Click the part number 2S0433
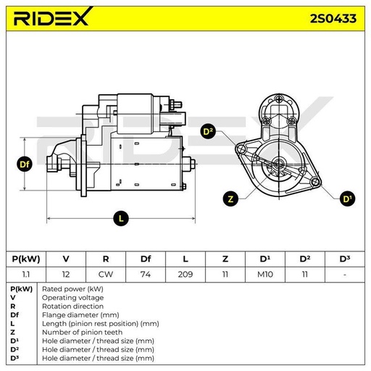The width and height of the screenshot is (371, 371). click(333, 19)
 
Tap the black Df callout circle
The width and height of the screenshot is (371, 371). click(25, 164)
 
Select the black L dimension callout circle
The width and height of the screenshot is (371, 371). click(121, 219)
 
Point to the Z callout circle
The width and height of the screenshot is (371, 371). click(230, 199)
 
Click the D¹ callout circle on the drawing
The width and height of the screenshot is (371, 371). click(347, 199)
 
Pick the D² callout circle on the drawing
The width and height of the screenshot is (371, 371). click(208, 132)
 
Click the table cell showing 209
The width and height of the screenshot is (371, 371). click(185, 275)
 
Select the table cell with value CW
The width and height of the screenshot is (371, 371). click(106, 275)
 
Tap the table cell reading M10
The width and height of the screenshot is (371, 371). click(265, 275)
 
